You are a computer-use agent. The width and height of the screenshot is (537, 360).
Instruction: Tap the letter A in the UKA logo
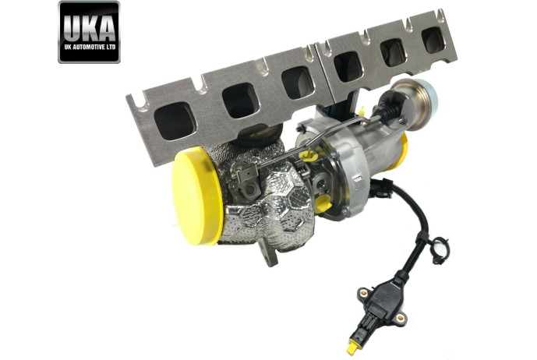click(x=106, y=28)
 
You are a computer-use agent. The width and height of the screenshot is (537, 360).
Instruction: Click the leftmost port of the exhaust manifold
click(x=175, y=121)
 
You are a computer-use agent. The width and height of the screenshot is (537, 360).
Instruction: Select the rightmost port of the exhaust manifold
click(x=433, y=40)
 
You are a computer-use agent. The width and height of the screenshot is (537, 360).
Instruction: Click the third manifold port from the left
click(x=298, y=83)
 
